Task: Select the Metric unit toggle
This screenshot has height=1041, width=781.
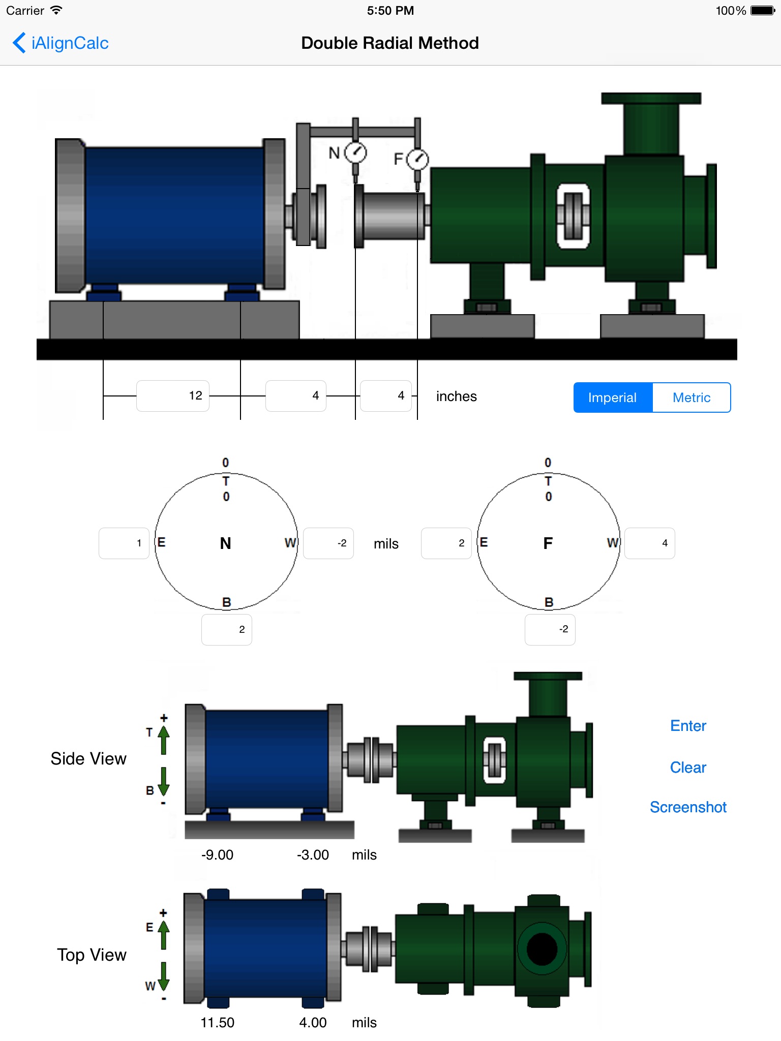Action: click(x=692, y=397)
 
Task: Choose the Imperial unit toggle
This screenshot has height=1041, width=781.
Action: click(x=613, y=397)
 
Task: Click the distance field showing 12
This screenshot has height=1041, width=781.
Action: click(x=173, y=395)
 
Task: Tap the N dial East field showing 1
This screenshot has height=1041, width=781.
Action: click(x=124, y=543)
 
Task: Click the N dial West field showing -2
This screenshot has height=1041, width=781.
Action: click(x=328, y=543)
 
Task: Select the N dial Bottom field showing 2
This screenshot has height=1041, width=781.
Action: click(x=227, y=630)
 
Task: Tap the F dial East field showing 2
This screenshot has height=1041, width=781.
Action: click(x=446, y=543)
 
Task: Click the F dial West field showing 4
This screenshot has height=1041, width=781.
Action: click(x=650, y=543)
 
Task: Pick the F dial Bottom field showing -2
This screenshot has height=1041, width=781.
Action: click(x=550, y=630)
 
